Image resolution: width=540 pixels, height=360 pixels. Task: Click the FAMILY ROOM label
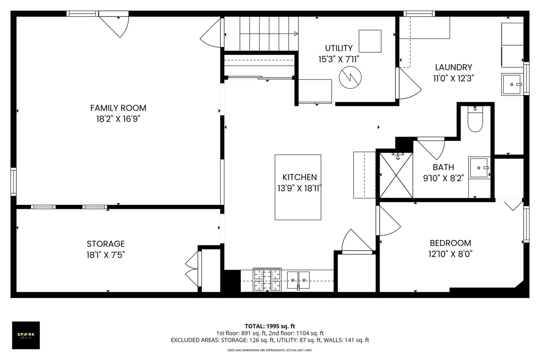(118, 108)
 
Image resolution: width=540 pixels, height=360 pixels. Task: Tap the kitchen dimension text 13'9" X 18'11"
(299, 188)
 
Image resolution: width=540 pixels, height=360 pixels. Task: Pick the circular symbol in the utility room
(350, 77)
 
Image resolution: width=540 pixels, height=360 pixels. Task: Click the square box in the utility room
(370, 41)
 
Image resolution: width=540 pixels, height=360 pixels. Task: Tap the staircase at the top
(261, 33)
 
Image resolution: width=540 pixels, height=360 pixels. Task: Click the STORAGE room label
(106, 244)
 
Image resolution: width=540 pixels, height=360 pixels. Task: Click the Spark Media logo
(26, 335)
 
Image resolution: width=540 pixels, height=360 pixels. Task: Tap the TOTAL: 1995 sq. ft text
(270, 326)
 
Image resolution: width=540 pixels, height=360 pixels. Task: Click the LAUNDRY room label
(453, 67)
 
